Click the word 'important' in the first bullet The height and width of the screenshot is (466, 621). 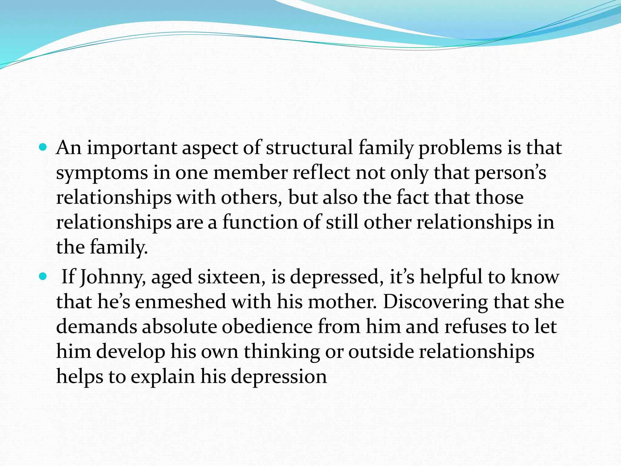(x=132, y=148)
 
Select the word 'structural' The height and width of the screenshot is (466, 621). (x=309, y=148)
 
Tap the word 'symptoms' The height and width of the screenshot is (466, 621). (x=102, y=173)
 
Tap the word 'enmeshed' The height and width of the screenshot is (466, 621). (x=180, y=302)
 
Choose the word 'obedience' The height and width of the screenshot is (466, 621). (x=267, y=327)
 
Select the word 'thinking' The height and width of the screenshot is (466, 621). (x=282, y=352)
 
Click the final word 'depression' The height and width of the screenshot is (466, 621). (x=279, y=377)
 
